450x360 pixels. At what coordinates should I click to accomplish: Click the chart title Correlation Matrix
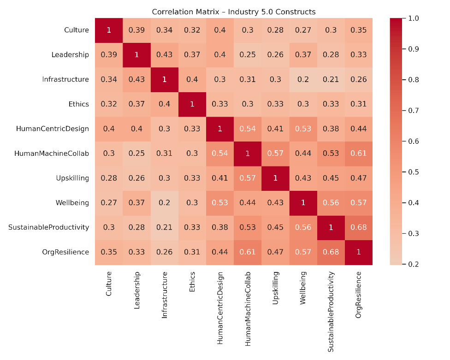click(x=234, y=12)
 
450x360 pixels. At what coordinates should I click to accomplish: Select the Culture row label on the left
click(x=77, y=30)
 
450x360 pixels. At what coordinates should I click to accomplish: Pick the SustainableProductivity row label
click(x=48, y=227)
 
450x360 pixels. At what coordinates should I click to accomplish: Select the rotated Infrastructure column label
click(x=164, y=295)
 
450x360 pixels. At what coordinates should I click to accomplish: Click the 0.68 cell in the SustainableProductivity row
click(x=358, y=227)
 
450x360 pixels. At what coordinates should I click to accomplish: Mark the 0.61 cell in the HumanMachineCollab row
click(x=358, y=153)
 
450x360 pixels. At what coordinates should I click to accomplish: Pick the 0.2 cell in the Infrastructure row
click(x=303, y=79)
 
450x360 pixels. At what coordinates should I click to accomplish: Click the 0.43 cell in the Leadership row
click(x=164, y=55)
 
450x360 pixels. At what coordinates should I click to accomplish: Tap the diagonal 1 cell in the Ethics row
click(x=192, y=104)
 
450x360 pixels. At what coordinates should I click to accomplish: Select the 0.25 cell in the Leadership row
click(x=248, y=55)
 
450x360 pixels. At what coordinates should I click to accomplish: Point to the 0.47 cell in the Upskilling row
click(x=358, y=178)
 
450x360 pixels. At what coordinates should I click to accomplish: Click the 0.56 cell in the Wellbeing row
click(x=331, y=203)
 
